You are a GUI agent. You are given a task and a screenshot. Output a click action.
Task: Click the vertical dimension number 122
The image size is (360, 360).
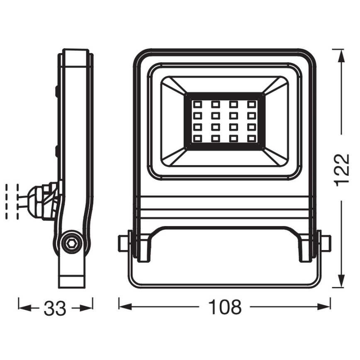(x=341, y=170)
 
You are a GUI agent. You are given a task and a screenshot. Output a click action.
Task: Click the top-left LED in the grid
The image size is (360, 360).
(x=197, y=104)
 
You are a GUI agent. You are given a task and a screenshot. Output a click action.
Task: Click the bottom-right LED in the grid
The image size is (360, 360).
(x=252, y=138)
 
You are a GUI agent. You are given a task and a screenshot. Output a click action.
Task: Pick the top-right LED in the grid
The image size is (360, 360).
(x=252, y=104)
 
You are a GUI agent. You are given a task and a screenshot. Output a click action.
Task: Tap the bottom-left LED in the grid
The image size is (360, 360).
(x=197, y=138)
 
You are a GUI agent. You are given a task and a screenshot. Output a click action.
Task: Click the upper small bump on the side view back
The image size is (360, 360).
(x=56, y=90)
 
